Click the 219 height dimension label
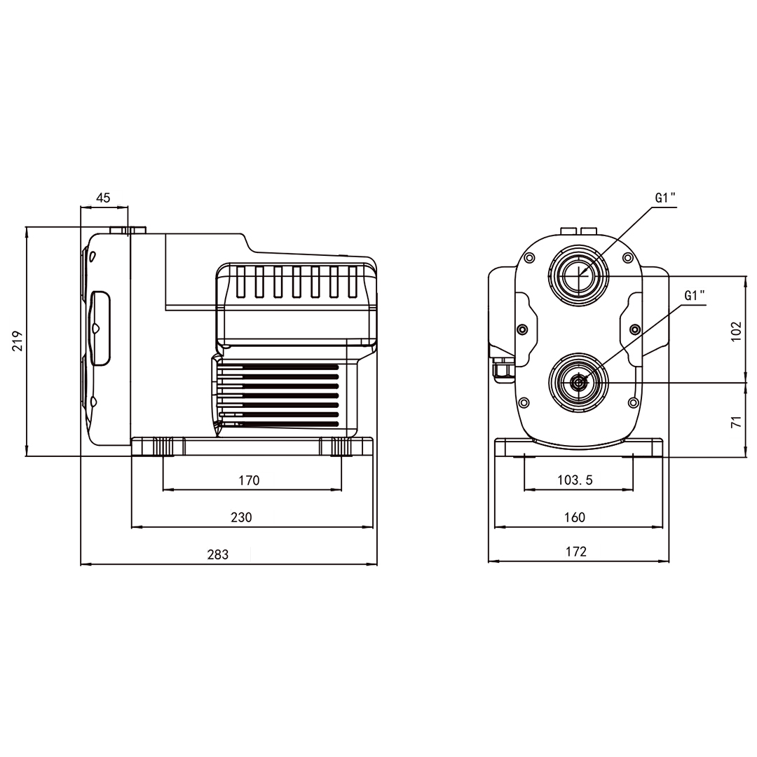point(18,341)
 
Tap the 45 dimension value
point(103,198)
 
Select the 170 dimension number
point(249,480)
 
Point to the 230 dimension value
point(241,517)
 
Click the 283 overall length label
point(218,554)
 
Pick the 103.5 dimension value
point(575,480)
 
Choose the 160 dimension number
point(575,517)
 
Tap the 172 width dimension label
point(576,552)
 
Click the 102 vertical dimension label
point(736,331)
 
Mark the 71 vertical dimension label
point(736,421)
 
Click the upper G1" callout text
point(665,198)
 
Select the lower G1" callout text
point(695,296)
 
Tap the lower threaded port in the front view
point(578,383)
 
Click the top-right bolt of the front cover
point(627,258)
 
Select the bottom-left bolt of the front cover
point(524,402)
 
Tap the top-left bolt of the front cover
point(529,258)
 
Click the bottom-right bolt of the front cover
point(634,402)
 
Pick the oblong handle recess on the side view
point(100,328)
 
